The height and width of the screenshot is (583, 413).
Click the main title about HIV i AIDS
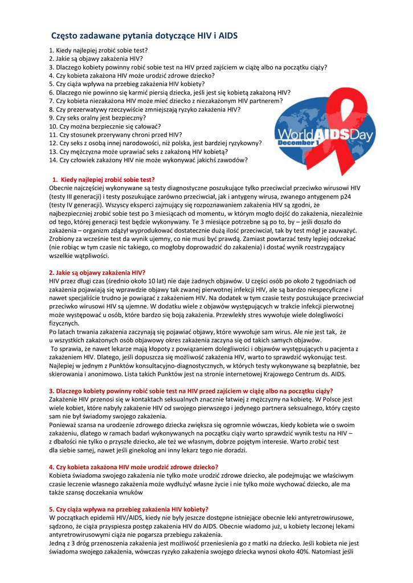(x=144, y=36)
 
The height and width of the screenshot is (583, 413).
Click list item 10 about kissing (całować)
(x=105, y=126)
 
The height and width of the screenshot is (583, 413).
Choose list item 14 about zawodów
(x=148, y=160)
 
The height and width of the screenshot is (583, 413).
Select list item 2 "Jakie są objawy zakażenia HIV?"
(x=96, y=59)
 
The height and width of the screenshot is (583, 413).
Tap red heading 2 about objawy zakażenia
(x=97, y=273)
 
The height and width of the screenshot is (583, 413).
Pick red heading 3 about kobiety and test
(x=191, y=391)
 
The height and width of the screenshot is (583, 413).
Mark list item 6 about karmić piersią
(x=169, y=92)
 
